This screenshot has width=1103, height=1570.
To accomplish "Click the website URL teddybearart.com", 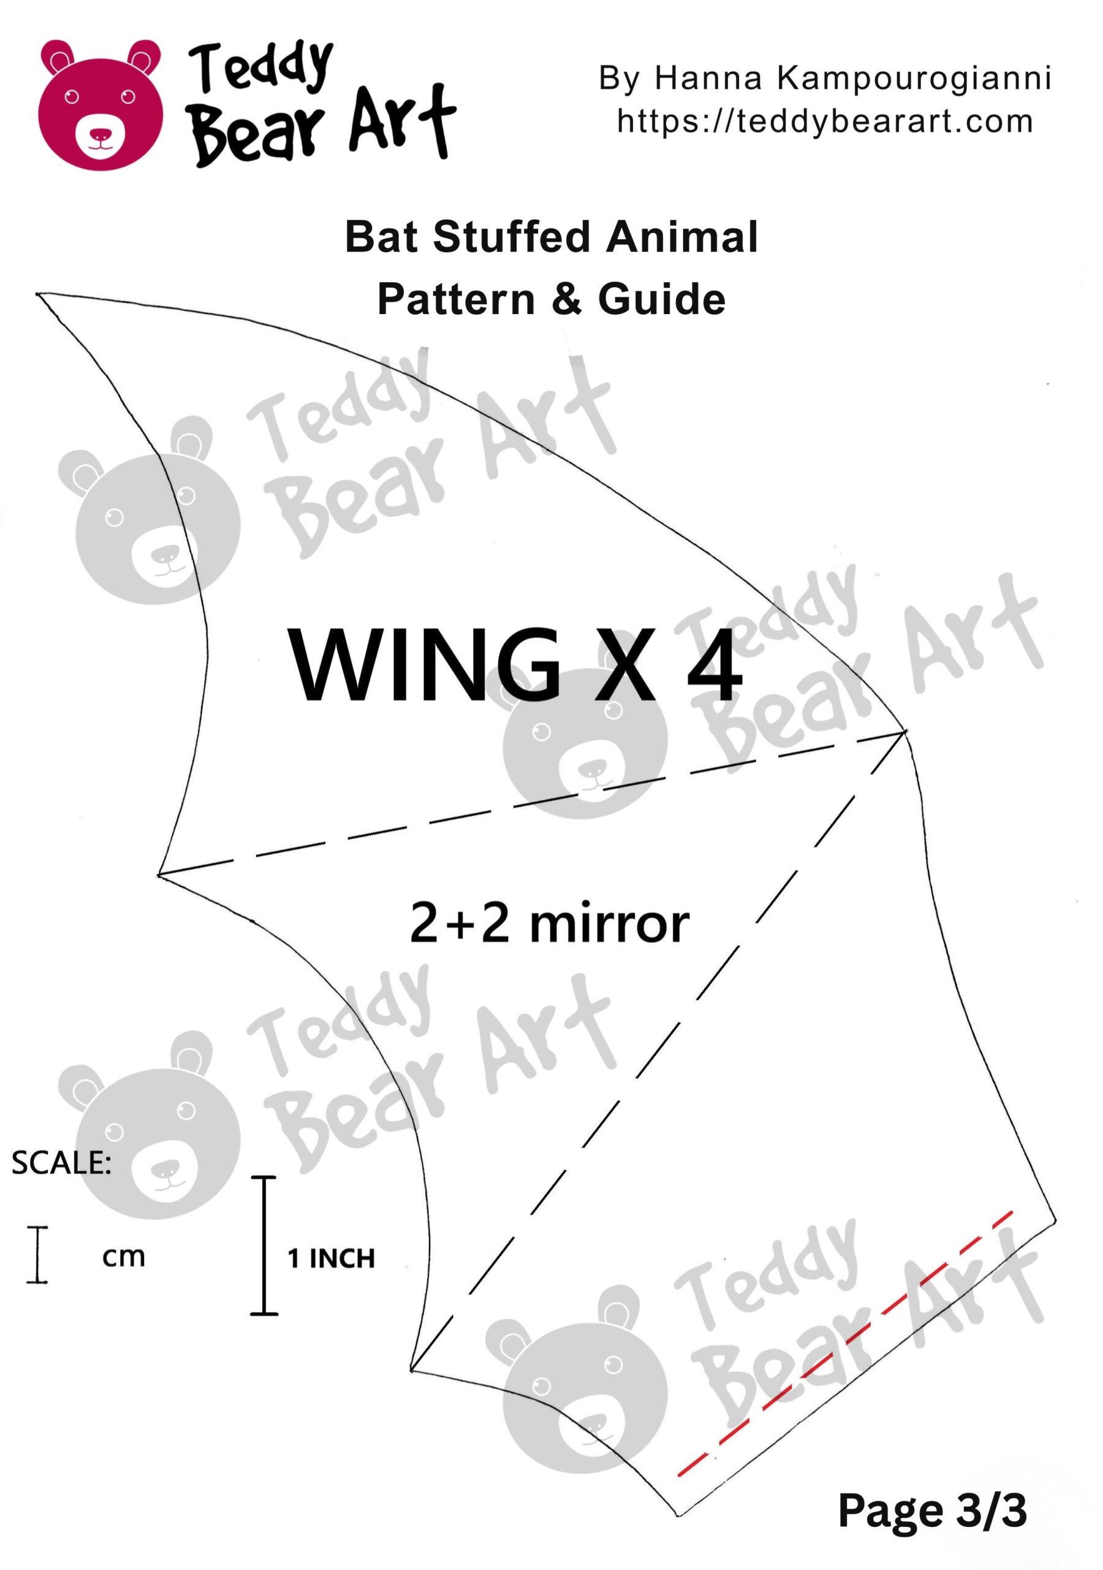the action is coord(825,121).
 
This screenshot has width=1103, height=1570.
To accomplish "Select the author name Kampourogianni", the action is coord(914,78).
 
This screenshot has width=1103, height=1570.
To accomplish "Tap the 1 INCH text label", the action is coord(332,1258).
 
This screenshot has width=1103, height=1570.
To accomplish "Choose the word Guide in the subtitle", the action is coord(662,299).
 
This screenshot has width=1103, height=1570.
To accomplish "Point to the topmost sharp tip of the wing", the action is coord(37,294).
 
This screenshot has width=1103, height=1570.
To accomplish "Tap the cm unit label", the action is coord(124,1256).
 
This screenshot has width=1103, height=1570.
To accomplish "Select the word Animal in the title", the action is coord(682,237).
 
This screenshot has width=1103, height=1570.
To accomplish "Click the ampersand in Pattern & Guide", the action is coord(567,299).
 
